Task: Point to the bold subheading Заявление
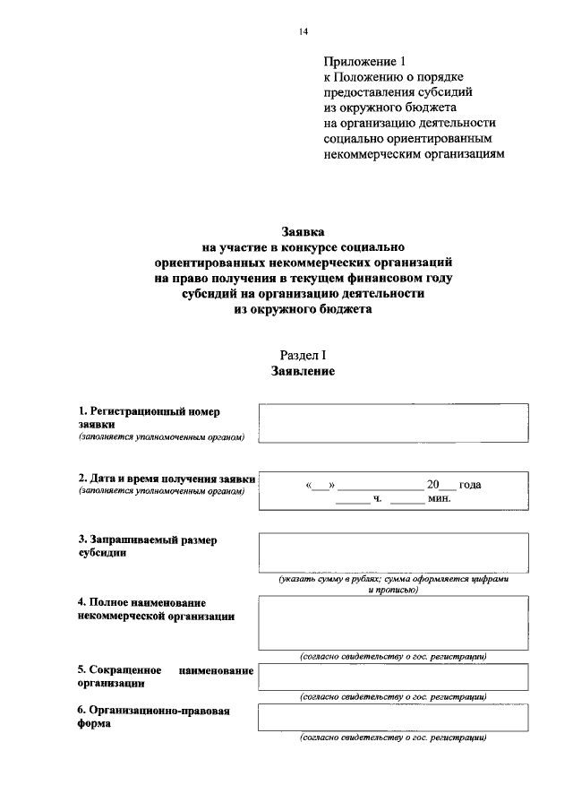(x=304, y=371)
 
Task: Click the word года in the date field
(x=470, y=485)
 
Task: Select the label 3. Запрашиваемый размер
(x=147, y=540)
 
